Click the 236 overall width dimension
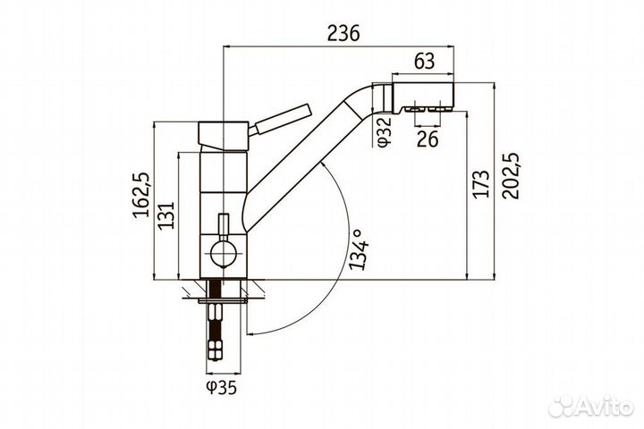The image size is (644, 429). click(343, 33)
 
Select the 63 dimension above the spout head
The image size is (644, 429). click(424, 61)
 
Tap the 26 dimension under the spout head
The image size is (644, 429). click(428, 139)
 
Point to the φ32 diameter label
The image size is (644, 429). click(385, 131)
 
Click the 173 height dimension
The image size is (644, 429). click(480, 183)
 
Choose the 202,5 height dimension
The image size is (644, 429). click(511, 176)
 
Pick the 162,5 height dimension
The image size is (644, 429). click(141, 195)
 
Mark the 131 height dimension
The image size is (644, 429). click(167, 215)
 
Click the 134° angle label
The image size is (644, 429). click(357, 250)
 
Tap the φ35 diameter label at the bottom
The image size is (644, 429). click(222, 387)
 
